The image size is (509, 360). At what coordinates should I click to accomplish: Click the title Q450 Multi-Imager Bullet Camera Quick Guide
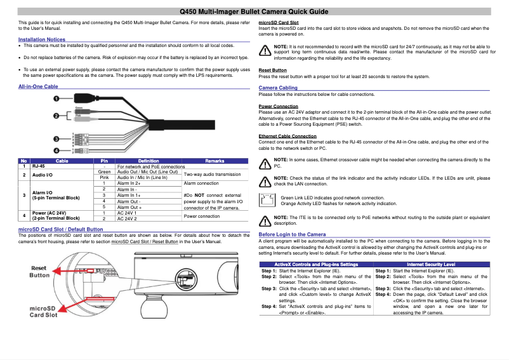click(x=254, y=11)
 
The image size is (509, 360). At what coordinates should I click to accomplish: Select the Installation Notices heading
click(x=42, y=39)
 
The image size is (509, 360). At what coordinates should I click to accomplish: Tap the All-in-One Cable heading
click(x=38, y=86)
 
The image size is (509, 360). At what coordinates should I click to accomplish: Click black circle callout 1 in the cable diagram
click(x=56, y=99)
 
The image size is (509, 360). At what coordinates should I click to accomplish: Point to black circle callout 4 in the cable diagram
click(x=56, y=150)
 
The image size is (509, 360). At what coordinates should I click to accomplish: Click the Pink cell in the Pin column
click(x=105, y=177)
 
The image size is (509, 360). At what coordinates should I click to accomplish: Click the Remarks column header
click(x=215, y=161)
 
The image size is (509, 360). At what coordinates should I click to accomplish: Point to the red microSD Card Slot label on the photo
click(x=43, y=311)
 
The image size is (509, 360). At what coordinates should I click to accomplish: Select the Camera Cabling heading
click(x=278, y=88)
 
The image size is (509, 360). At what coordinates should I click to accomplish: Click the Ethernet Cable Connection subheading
click(x=288, y=136)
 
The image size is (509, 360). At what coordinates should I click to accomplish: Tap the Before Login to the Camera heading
click(x=293, y=234)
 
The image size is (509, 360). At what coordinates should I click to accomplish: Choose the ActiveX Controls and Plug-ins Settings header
click(x=315, y=263)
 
